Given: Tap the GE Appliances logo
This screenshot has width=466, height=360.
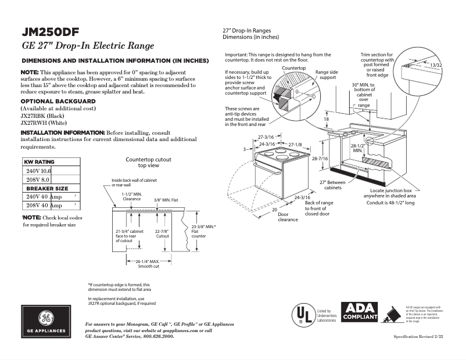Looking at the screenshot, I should coord(45,321).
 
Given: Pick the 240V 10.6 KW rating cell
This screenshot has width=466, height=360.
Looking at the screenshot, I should coord(39,171).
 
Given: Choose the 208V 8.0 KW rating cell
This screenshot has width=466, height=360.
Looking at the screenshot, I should coord(38,180).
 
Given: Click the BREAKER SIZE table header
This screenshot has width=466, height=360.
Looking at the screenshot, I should coord(46,189).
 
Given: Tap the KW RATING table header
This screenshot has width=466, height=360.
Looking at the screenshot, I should coord(39,162).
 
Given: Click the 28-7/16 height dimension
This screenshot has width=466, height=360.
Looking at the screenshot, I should coord(320,158).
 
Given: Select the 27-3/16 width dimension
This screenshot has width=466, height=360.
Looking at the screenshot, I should coord(266,137).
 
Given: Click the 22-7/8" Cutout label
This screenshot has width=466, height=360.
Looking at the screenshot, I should coord(163,234).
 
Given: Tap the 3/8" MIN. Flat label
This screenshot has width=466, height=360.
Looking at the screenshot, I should coord(166,200).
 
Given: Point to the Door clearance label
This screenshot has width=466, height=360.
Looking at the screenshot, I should coord(288,217).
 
